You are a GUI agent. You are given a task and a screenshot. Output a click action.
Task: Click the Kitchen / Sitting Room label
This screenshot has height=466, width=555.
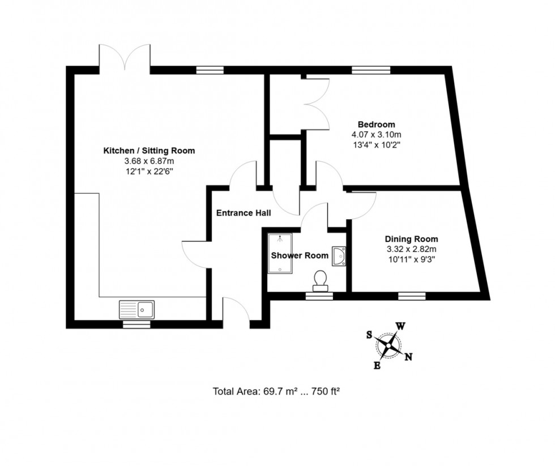148,151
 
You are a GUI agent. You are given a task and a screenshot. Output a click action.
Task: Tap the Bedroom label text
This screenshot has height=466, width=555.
376,125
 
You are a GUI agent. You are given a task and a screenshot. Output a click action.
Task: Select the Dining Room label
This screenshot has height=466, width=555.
411,239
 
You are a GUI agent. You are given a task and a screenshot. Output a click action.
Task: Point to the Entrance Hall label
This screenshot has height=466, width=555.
243,213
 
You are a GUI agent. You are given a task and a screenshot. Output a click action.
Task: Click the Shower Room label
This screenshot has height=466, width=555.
299,255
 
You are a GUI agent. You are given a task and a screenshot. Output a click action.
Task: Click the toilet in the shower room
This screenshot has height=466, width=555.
321,279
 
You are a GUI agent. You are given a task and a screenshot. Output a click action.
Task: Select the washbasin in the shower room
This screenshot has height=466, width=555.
340,256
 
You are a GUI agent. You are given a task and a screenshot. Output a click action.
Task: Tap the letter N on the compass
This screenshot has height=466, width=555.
409,357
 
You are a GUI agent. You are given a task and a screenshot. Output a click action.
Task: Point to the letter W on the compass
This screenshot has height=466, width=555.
400,327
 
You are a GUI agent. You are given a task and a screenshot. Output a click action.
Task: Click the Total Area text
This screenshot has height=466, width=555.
276,391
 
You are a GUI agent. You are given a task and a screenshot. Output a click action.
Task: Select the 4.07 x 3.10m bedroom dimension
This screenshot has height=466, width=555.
376,135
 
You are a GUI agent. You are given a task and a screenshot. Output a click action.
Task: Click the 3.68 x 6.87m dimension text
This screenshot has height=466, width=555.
148,161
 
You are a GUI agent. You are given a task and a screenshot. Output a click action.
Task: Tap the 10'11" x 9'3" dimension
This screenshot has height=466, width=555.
411,260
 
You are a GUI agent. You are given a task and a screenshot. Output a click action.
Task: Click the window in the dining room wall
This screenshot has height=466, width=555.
412,296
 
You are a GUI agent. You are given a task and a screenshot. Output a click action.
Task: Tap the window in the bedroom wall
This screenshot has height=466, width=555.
371,71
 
